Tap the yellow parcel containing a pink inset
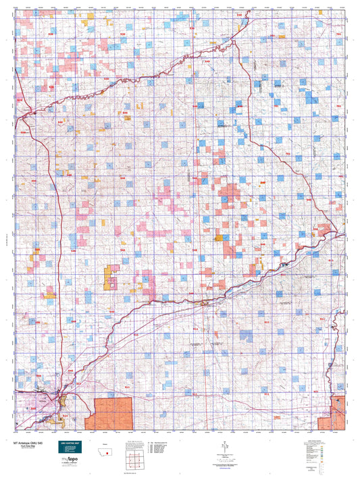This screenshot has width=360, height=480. pos(111,279)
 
